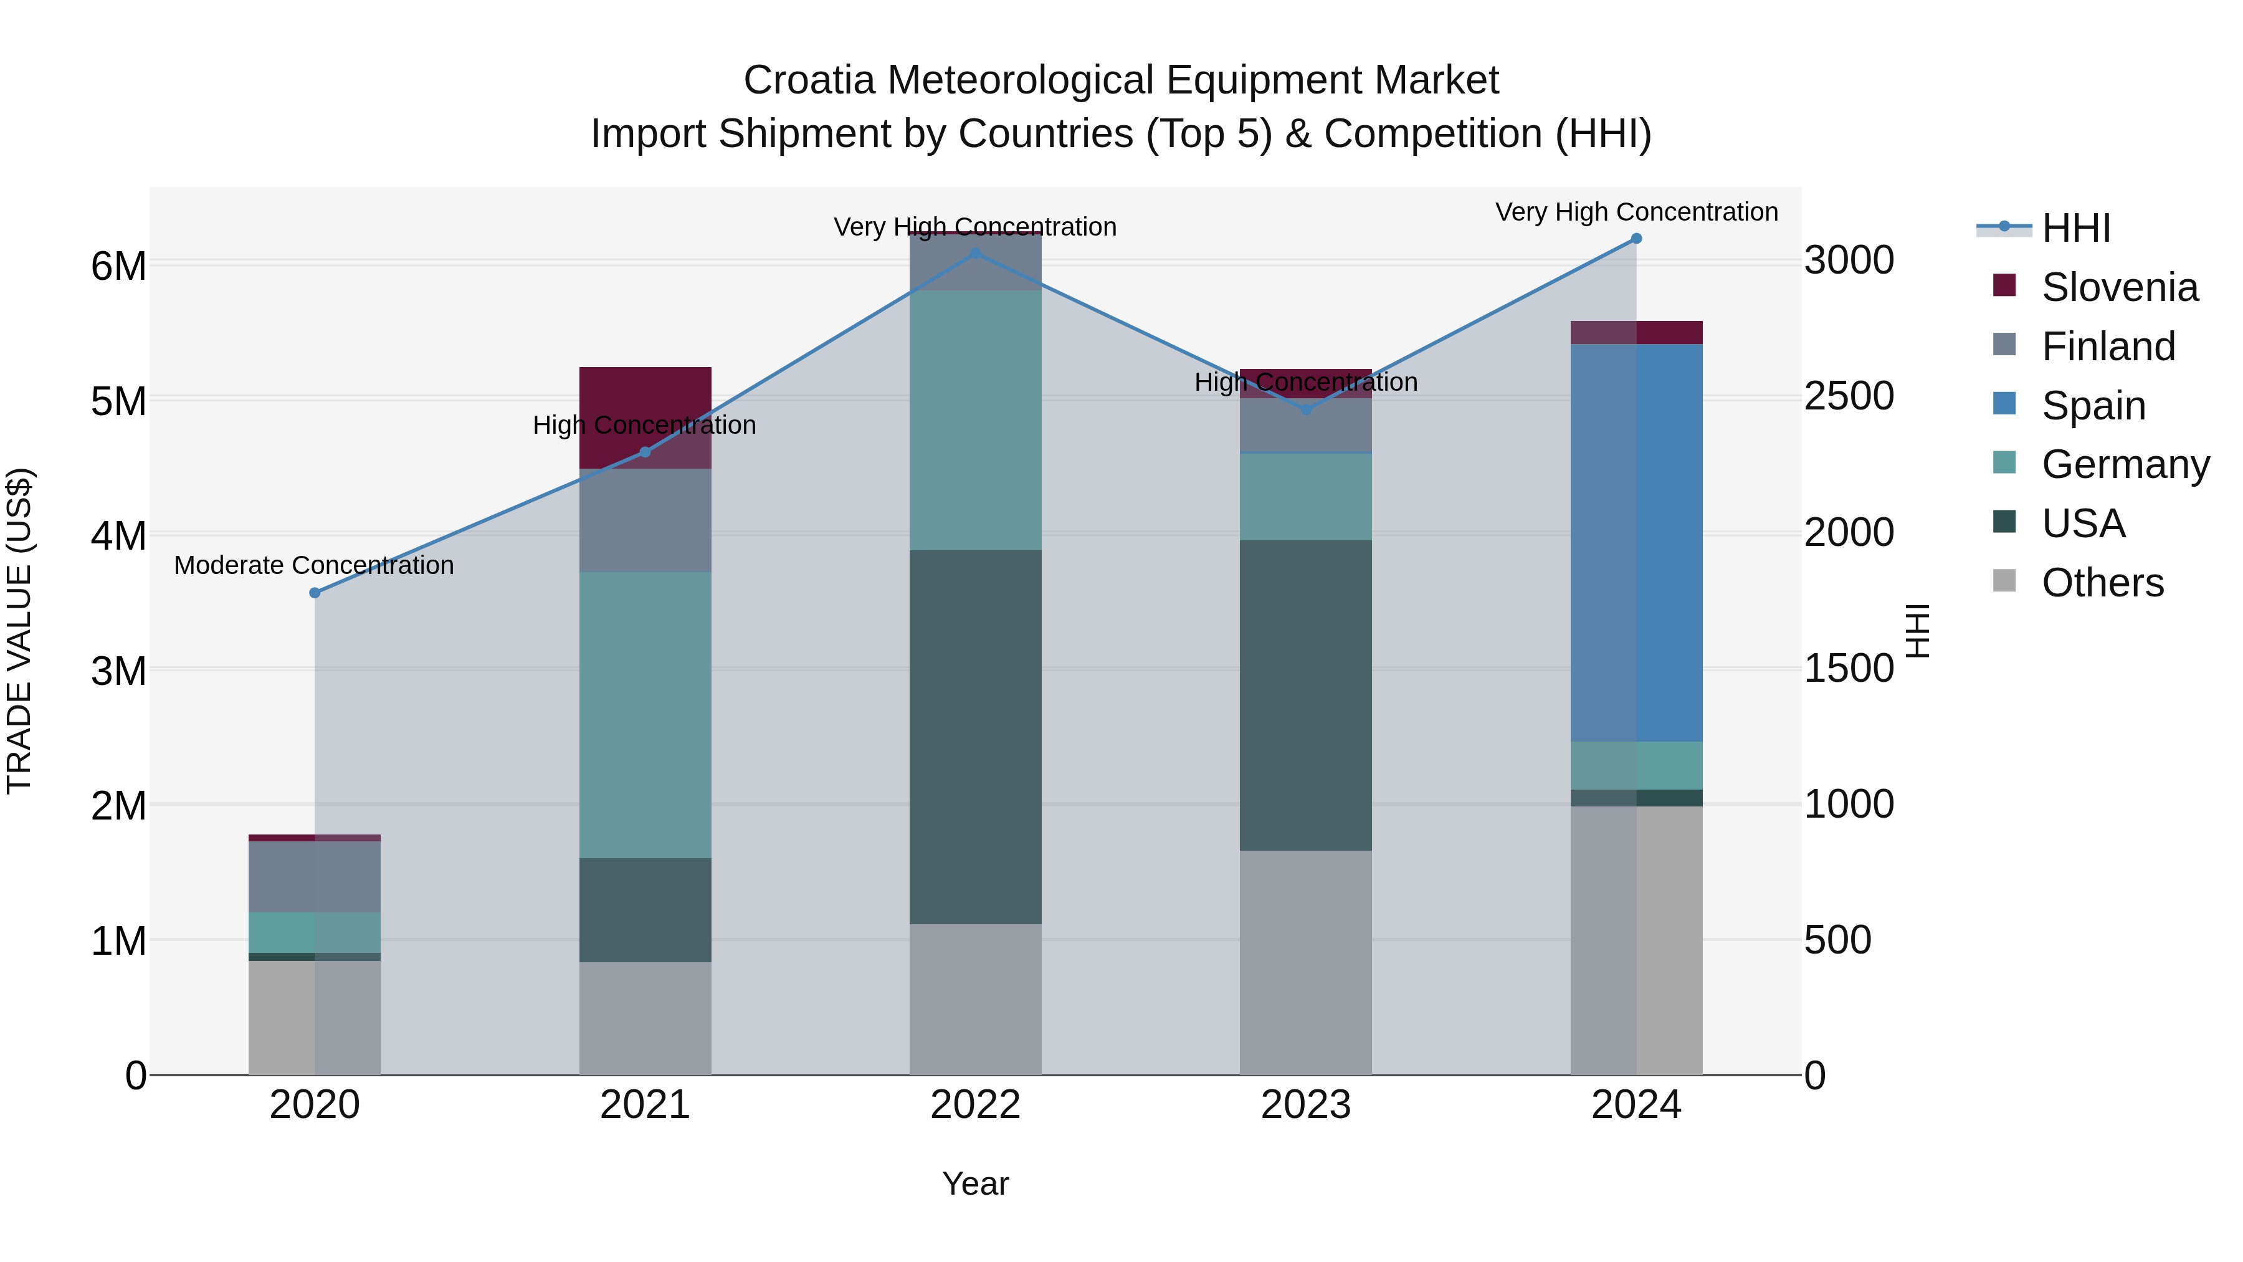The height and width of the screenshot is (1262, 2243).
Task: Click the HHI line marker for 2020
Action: click(x=315, y=593)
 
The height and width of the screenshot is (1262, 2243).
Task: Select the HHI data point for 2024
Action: click(x=1636, y=239)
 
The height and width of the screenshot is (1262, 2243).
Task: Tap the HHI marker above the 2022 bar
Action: click(x=975, y=254)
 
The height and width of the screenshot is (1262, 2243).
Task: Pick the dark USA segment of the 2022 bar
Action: click(x=975, y=737)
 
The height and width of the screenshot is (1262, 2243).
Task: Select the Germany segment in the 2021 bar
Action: click(x=645, y=715)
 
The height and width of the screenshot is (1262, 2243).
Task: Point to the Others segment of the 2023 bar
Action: click(x=1305, y=962)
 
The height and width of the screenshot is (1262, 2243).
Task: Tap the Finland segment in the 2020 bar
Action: click(x=315, y=877)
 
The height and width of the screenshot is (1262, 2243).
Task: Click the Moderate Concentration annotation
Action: click(x=315, y=566)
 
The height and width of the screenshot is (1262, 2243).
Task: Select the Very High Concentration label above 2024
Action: click(x=1636, y=213)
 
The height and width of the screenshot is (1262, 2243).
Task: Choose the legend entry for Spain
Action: click(x=2093, y=406)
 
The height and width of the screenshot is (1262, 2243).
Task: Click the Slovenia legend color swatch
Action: click(x=2004, y=285)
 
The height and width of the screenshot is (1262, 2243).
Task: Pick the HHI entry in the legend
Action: click(x=2077, y=228)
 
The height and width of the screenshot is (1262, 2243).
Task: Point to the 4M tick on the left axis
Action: click(x=118, y=535)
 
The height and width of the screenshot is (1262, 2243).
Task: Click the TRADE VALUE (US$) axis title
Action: click(x=20, y=631)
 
